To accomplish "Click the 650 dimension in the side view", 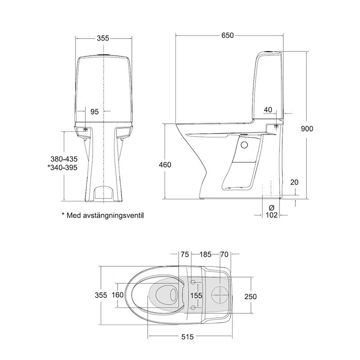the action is coord(227,36).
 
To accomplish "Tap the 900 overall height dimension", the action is coord(307,129).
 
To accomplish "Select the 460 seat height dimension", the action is coord(165,165).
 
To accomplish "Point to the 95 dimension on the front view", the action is coord(94,112).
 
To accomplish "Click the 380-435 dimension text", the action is coord(64,159).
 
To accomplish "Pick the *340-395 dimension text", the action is coord(63,167).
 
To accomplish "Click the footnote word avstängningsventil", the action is coord(114,216).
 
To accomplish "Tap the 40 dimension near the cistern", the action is coord(268,110).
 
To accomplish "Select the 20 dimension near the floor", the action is coord(294,182).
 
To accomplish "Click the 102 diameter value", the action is coord(272,215).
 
